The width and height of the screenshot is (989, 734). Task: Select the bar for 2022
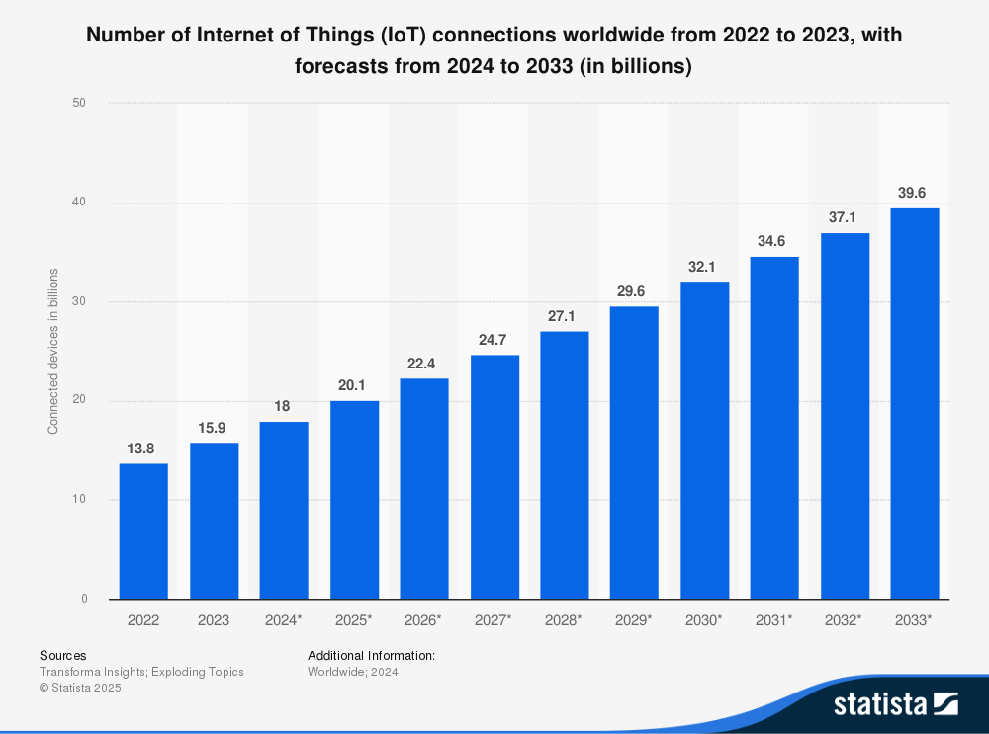point(143,530)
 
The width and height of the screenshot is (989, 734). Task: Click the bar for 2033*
point(915,403)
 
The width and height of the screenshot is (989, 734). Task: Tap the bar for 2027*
point(494,476)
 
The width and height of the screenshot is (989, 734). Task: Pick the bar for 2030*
point(704,440)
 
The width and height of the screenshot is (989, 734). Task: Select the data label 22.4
point(424,364)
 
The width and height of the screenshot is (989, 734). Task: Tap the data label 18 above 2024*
point(284,407)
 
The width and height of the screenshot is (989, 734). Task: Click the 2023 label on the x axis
point(214,620)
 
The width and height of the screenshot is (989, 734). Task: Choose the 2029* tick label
point(634,620)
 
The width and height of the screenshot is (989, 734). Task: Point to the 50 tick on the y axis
point(80,103)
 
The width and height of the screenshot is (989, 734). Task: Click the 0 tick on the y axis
point(84,599)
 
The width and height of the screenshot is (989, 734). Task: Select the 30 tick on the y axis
point(80,301)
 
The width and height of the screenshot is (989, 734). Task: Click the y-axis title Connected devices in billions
point(54,351)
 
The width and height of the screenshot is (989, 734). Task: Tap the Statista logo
point(895,703)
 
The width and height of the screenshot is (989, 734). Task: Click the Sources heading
point(62,655)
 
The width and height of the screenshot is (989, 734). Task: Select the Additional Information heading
point(371,655)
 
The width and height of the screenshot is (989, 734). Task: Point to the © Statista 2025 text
point(80,688)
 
